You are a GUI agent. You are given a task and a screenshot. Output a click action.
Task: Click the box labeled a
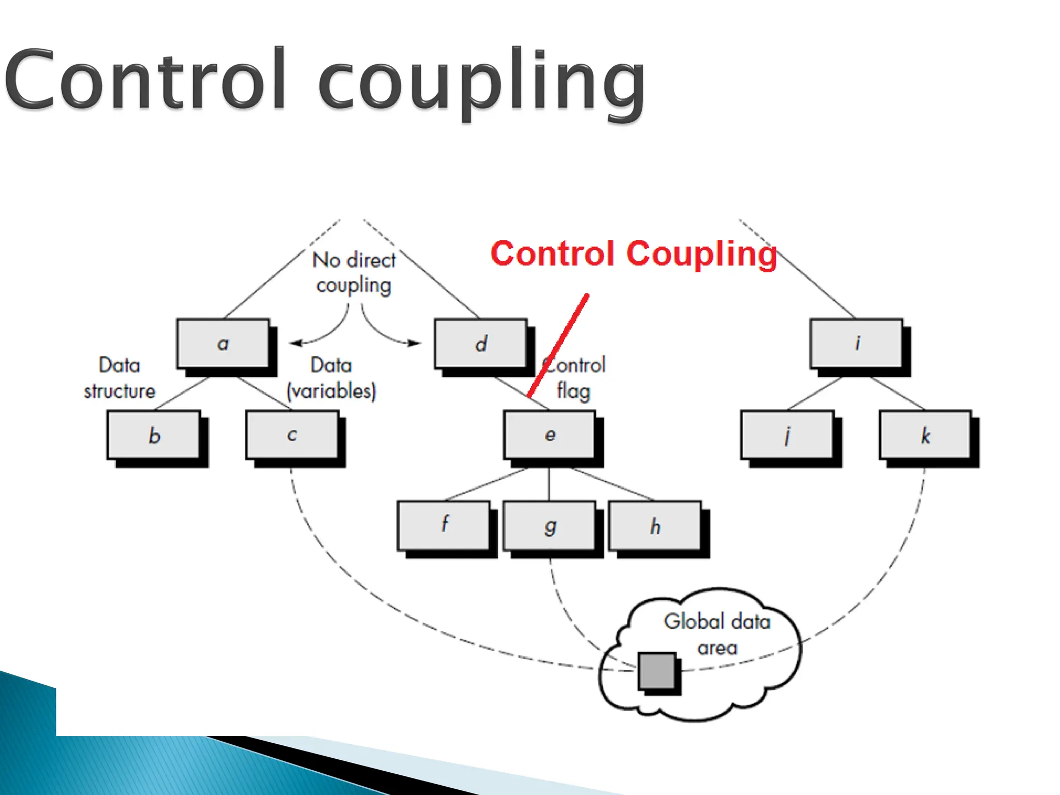coord(223,344)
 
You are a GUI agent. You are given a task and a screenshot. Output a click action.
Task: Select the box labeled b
coord(154,435)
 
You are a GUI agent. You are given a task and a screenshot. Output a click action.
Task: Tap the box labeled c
coord(292,435)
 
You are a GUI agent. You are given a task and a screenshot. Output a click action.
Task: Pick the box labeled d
coord(481,344)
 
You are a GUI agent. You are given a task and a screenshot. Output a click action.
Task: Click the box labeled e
coord(550,435)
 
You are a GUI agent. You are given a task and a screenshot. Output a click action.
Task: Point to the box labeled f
coord(444,526)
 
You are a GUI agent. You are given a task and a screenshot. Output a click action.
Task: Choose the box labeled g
coord(550,526)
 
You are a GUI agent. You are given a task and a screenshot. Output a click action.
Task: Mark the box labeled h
coord(655,526)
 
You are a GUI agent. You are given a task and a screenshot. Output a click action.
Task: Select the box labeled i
coord(857,344)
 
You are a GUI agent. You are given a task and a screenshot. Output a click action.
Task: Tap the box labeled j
coord(787,435)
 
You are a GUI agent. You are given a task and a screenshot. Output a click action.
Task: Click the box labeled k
coord(925,435)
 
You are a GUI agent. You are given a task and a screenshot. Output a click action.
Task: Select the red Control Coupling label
coord(634,254)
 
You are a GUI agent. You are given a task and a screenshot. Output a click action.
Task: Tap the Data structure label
coord(120,378)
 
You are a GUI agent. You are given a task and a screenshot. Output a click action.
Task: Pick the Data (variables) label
coord(331,378)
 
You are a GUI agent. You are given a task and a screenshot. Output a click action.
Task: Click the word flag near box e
coord(573,391)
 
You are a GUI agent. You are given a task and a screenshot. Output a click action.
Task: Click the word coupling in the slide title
coord(481,83)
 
